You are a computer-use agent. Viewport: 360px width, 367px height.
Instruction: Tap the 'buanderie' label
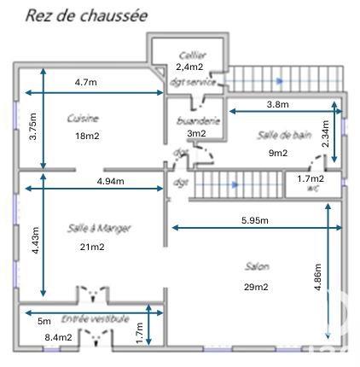(196, 121)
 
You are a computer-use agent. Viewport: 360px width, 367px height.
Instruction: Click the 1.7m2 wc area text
(311, 178)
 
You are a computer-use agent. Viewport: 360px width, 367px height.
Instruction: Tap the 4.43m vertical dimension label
(36, 230)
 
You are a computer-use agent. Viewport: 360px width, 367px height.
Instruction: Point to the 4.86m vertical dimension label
(318, 275)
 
